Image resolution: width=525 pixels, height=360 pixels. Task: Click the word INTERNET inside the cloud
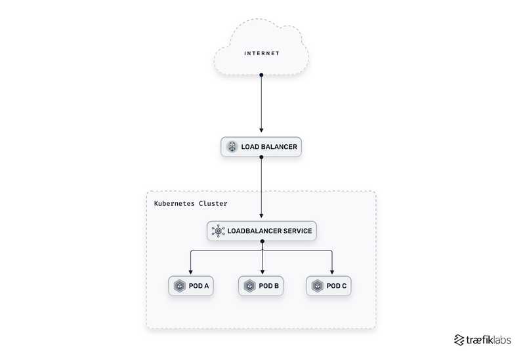tap(262, 53)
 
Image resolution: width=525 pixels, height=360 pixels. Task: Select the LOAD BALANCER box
tap(261, 147)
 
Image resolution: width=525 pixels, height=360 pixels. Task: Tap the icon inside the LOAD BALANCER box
tap(231, 147)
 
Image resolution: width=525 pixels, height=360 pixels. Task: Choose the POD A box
tap(191, 286)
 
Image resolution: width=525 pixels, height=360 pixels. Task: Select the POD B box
tap(262, 286)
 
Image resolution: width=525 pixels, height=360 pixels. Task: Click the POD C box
tap(330, 286)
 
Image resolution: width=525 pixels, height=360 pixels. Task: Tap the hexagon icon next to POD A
tap(179, 286)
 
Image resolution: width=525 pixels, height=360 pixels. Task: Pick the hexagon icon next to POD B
tap(249, 286)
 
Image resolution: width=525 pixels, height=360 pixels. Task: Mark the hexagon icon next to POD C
tap(318, 286)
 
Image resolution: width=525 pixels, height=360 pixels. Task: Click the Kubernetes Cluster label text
tap(190, 203)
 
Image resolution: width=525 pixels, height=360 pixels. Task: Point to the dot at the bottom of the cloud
tap(261, 75)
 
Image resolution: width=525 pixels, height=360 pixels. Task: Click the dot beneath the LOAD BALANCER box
tap(261, 158)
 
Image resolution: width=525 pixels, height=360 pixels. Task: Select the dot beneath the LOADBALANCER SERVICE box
tap(262, 242)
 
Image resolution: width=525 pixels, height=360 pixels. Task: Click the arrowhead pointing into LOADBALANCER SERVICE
tap(262, 216)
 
